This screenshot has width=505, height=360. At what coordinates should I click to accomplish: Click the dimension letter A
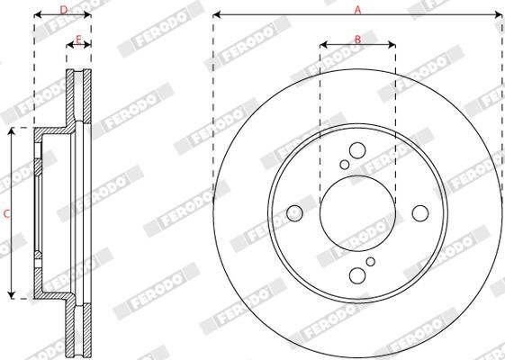357,9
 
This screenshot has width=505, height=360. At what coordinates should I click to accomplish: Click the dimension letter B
357,38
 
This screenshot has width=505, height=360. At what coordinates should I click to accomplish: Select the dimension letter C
7,213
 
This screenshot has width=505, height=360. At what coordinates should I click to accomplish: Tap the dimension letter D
63,9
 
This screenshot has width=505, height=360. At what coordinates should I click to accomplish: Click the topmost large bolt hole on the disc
357,151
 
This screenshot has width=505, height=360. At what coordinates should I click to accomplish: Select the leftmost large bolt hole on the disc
294,213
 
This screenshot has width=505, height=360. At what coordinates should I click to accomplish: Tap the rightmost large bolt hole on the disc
420,213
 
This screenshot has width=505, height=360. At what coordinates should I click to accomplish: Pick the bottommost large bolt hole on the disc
357,275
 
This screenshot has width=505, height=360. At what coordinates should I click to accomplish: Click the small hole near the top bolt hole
345,165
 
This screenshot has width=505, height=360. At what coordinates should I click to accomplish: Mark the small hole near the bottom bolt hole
370,262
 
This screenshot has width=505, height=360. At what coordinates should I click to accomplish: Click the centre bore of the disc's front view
357,213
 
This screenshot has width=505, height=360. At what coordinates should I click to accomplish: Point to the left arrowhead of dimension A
217,15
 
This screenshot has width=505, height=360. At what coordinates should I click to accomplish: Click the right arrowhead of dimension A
500,15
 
